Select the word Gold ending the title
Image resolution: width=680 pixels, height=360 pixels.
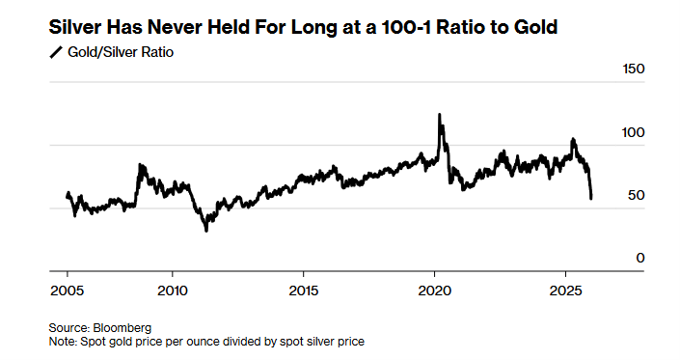pyautogui.click(x=536, y=27)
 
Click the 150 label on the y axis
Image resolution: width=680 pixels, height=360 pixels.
pyautogui.click(x=632, y=69)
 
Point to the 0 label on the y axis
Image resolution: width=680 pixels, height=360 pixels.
pyautogui.click(x=639, y=258)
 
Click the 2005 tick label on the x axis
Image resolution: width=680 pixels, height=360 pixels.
pyautogui.click(x=67, y=290)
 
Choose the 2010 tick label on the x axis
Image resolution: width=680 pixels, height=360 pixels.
pyautogui.click(x=172, y=290)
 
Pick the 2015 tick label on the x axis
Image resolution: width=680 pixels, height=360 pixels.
pyautogui.click(x=303, y=290)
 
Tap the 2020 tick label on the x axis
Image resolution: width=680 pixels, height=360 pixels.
pyautogui.click(x=434, y=290)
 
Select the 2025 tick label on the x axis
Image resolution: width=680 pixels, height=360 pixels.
pyautogui.click(x=565, y=290)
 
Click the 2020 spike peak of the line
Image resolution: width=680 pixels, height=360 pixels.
pyautogui.click(x=440, y=114)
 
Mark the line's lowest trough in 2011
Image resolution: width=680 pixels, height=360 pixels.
pyautogui.click(x=205, y=231)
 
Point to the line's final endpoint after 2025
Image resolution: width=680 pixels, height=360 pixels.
pyautogui.click(x=591, y=198)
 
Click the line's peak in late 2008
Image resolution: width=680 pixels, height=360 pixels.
pyautogui.click(x=141, y=165)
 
